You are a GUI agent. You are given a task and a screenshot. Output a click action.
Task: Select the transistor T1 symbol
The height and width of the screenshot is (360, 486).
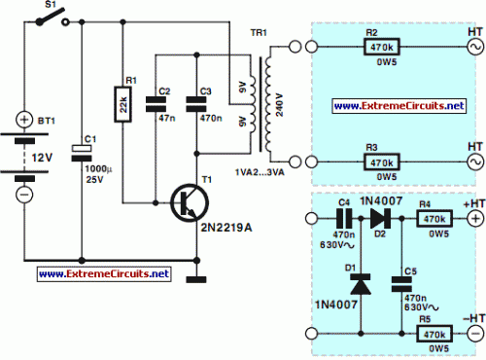coord(186,202)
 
